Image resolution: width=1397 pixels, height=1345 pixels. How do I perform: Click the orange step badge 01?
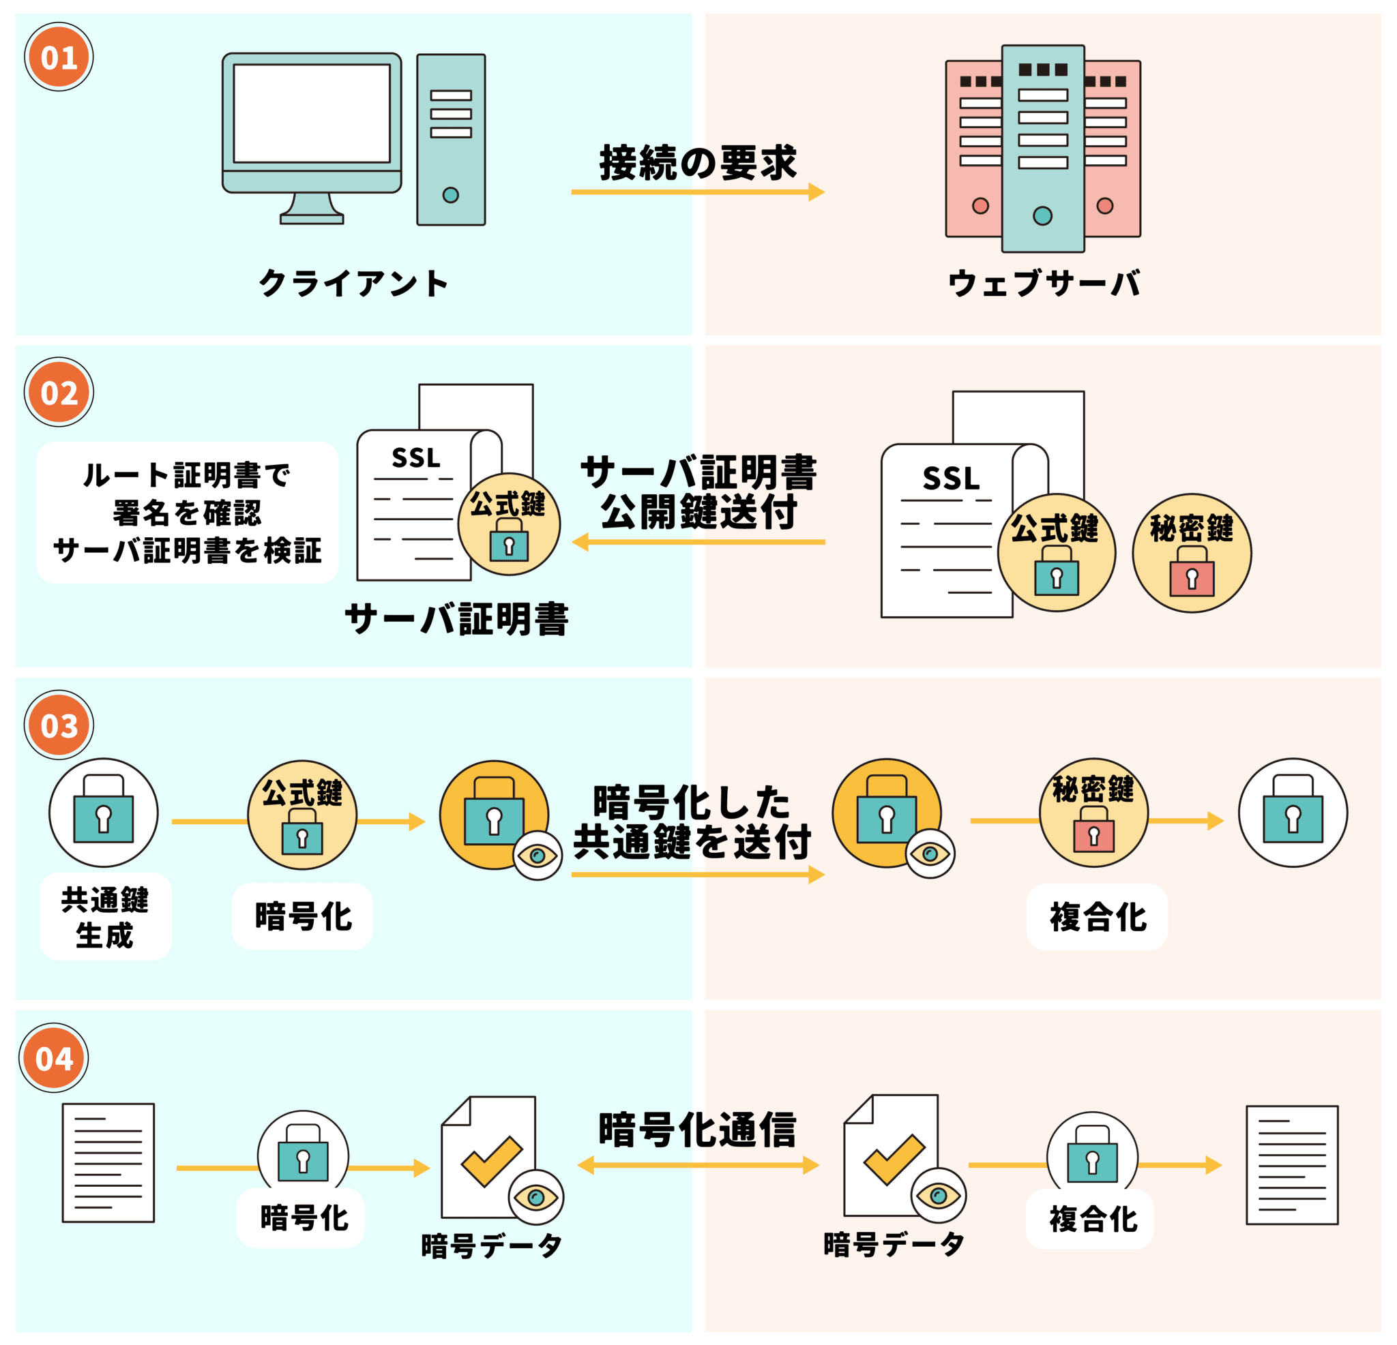[x=59, y=57]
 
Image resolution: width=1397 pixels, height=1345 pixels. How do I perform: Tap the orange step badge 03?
[x=59, y=725]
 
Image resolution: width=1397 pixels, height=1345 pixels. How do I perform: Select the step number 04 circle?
[x=53, y=1058]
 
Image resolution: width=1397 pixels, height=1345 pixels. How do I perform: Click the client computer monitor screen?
[x=312, y=114]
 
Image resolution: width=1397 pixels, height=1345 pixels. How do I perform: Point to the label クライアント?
[x=353, y=284]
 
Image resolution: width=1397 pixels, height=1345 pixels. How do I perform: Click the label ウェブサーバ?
[x=1044, y=284]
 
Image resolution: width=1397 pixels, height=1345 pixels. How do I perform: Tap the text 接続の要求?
[x=697, y=162]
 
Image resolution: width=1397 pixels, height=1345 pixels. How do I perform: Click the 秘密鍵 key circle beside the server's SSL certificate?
[x=1192, y=553]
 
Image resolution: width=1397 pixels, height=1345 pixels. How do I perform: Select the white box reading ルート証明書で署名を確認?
[x=188, y=512]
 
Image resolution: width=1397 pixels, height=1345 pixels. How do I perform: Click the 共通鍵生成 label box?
[x=106, y=917]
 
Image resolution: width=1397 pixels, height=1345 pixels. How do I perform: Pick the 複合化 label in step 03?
[x=1098, y=917]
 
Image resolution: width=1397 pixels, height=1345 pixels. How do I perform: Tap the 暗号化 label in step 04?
[x=304, y=1218]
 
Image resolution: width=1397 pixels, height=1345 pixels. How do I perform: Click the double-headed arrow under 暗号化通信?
[x=698, y=1166]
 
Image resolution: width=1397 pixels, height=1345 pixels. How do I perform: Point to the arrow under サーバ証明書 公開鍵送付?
[x=698, y=542]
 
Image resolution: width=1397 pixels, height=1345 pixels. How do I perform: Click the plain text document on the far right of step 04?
[x=1291, y=1166]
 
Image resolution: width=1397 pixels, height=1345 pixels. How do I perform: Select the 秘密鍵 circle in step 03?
[x=1093, y=812]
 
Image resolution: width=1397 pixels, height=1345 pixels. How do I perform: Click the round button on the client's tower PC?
[x=450, y=194]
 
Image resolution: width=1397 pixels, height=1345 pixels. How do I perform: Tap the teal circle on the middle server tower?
[x=1042, y=216]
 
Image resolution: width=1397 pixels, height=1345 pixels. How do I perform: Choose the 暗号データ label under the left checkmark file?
[x=492, y=1246]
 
